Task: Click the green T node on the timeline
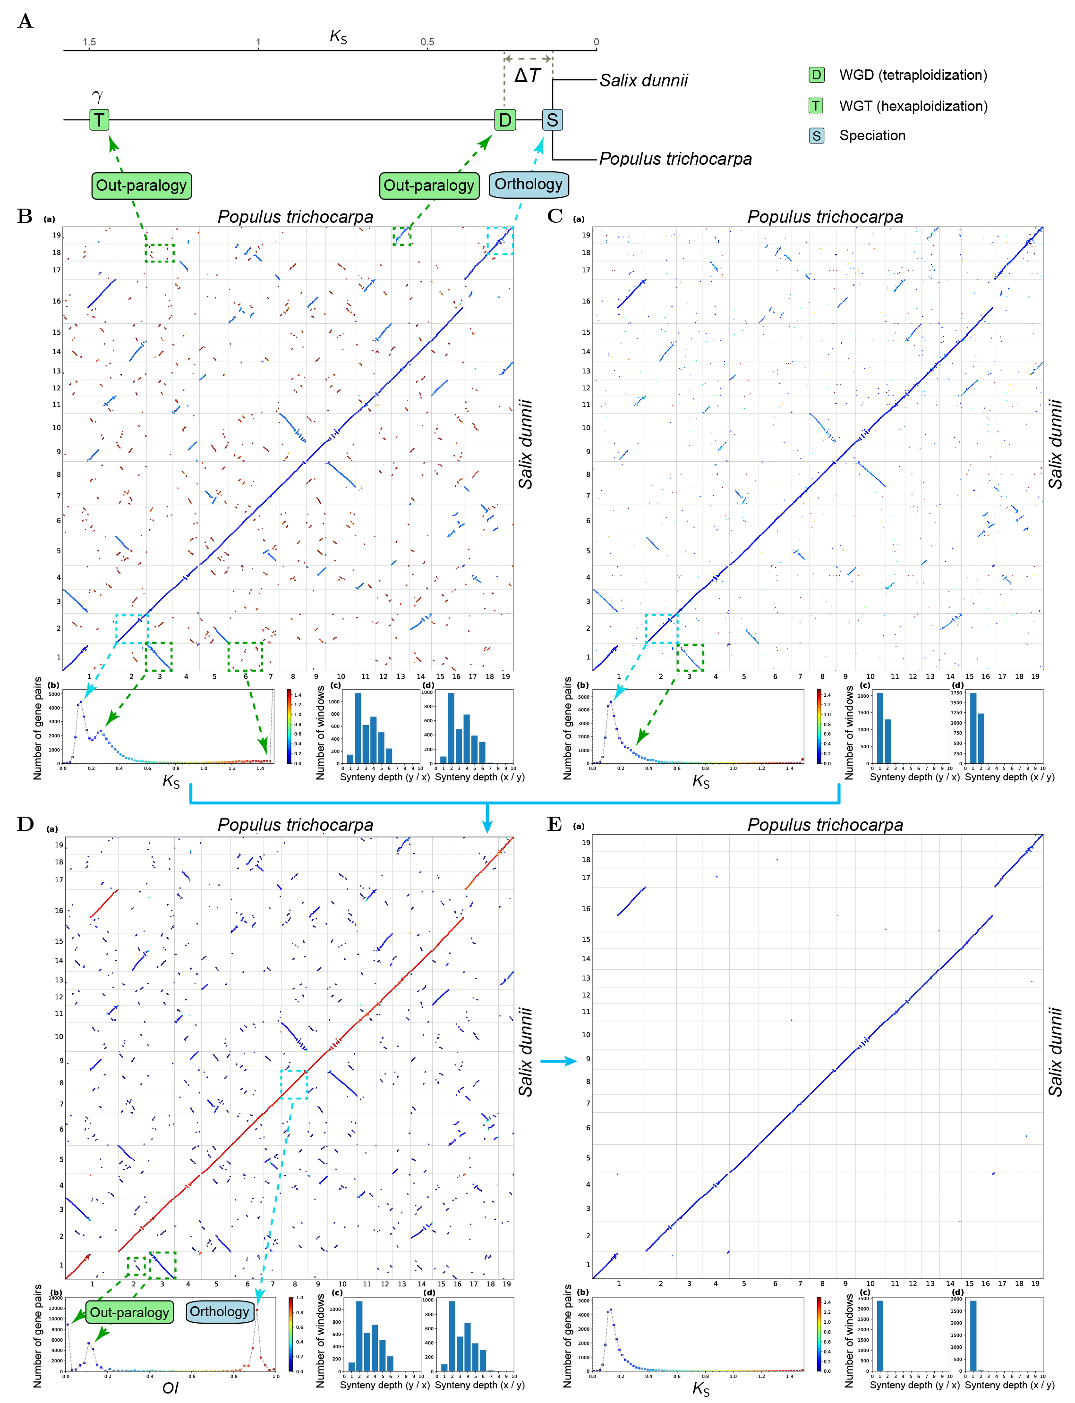[x=99, y=119]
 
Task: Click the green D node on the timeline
[x=505, y=119]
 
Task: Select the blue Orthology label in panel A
[x=528, y=184]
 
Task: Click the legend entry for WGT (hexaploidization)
[x=913, y=106]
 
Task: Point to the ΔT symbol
[x=527, y=76]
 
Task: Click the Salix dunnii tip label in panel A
[x=643, y=81]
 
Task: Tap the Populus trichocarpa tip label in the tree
[x=675, y=159]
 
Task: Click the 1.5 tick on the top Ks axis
[x=89, y=42]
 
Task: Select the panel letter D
[x=25, y=824]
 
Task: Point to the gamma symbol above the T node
[x=97, y=97]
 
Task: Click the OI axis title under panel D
[x=170, y=1387]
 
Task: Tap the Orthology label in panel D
[x=220, y=1311]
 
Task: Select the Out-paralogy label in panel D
[x=129, y=1312]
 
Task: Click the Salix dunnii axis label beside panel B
[x=525, y=444]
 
